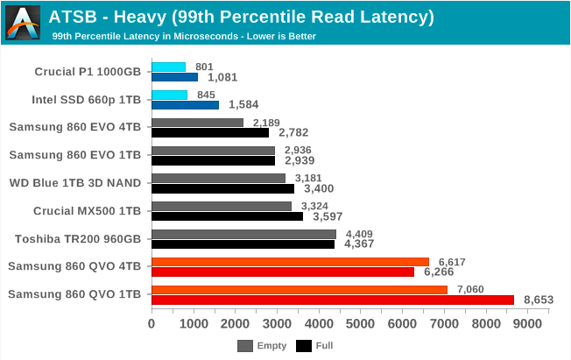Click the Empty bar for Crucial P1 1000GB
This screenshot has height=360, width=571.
tap(168, 67)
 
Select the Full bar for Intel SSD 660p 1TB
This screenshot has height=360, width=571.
tap(185, 105)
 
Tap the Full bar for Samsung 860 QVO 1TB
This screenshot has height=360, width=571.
tap(333, 300)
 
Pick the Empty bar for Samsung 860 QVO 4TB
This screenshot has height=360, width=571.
tap(290, 262)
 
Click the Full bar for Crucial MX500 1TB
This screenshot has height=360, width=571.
tap(227, 216)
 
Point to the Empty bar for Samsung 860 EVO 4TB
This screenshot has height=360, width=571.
tap(197, 123)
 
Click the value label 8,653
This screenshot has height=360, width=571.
tap(539, 300)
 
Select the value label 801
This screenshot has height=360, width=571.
tap(204, 67)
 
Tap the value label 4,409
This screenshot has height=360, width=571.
tap(361, 234)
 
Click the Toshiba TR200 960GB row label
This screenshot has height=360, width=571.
tap(79, 238)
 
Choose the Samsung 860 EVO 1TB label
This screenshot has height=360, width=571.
tap(75, 154)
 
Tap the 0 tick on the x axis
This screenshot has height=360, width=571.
tap(152, 324)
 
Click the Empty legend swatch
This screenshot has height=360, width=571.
tap(245, 345)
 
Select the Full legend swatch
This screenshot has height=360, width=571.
tap(304, 345)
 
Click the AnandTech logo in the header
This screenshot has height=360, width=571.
tap(22, 22)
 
